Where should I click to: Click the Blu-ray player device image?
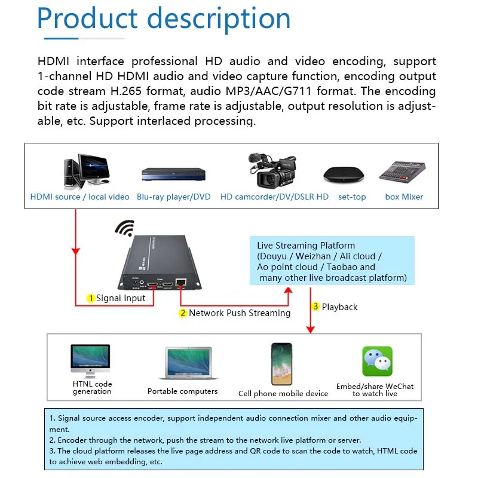[x=173, y=174]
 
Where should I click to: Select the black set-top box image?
[x=343, y=174]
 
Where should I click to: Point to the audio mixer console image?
[x=402, y=172]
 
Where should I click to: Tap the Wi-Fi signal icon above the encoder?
[x=125, y=228]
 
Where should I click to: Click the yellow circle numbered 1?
[x=91, y=298]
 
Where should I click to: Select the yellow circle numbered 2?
[x=183, y=313]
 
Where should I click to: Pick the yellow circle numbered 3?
[x=316, y=307]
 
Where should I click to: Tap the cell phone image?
[x=281, y=364]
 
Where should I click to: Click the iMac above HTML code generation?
[x=90, y=361]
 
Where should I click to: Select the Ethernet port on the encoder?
[x=183, y=283]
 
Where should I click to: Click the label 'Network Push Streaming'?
[x=240, y=313]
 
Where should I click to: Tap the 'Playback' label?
[x=339, y=307]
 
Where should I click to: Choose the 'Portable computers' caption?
[x=182, y=391]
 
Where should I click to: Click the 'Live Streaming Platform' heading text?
[x=306, y=246]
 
